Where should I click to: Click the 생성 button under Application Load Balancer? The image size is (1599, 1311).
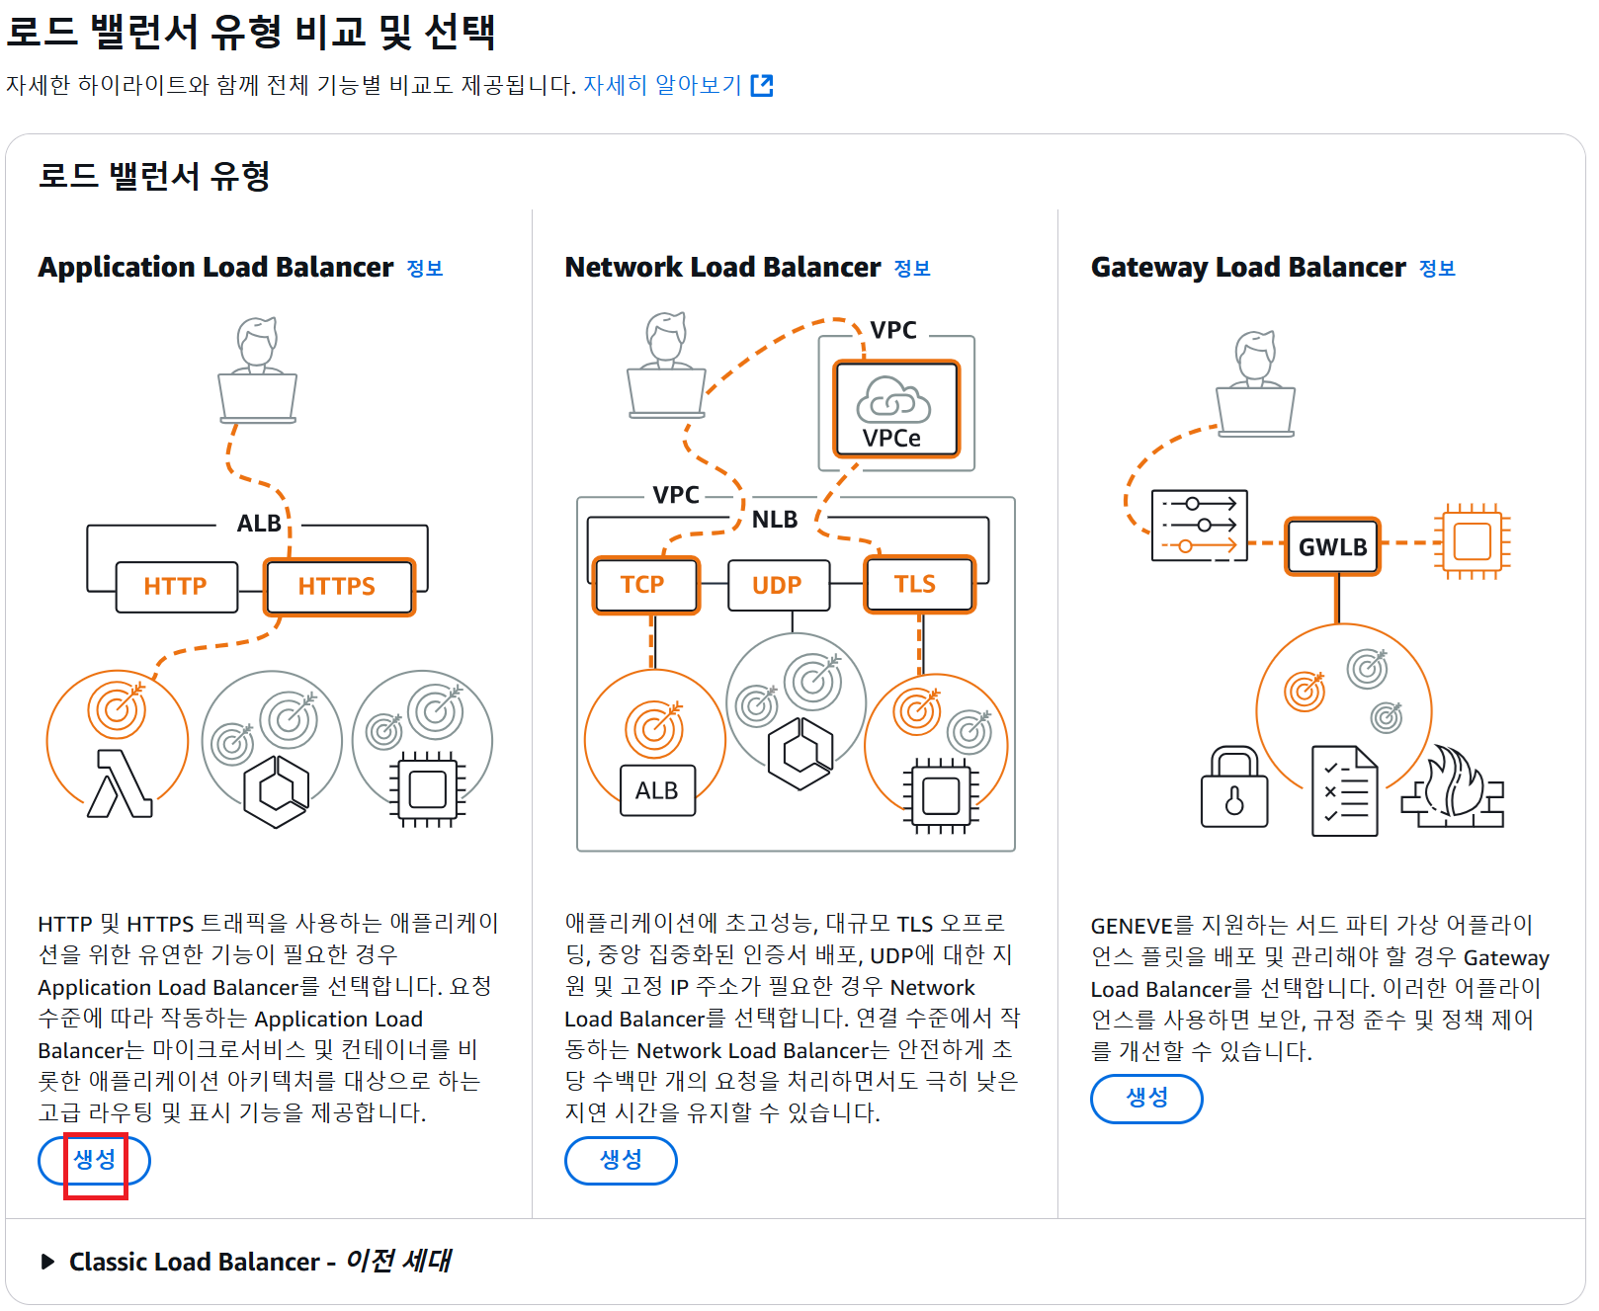[x=95, y=1160]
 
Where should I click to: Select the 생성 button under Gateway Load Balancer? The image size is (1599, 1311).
[x=1146, y=1099]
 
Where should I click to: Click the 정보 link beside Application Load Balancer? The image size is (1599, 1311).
[x=425, y=269]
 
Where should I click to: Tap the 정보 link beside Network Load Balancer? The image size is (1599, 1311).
[x=912, y=269]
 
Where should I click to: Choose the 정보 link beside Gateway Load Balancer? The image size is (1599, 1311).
[x=1437, y=269]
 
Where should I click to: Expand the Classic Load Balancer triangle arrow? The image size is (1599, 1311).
[x=47, y=1262]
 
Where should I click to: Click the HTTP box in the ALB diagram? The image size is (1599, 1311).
[x=176, y=587]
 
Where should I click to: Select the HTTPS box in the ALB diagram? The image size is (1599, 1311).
[x=338, y=587]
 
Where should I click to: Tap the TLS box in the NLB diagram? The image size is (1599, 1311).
[x=917, y=585]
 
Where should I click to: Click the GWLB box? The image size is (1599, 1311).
[x=1332, y=546]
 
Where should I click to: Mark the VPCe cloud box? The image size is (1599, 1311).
[x=895, y=409]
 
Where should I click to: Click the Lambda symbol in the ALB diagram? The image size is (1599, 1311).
[x=120, y=784]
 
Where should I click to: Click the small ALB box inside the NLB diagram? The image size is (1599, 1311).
[x=657, y=790]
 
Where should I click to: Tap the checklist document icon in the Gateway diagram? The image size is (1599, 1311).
[x=1344, y=791]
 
